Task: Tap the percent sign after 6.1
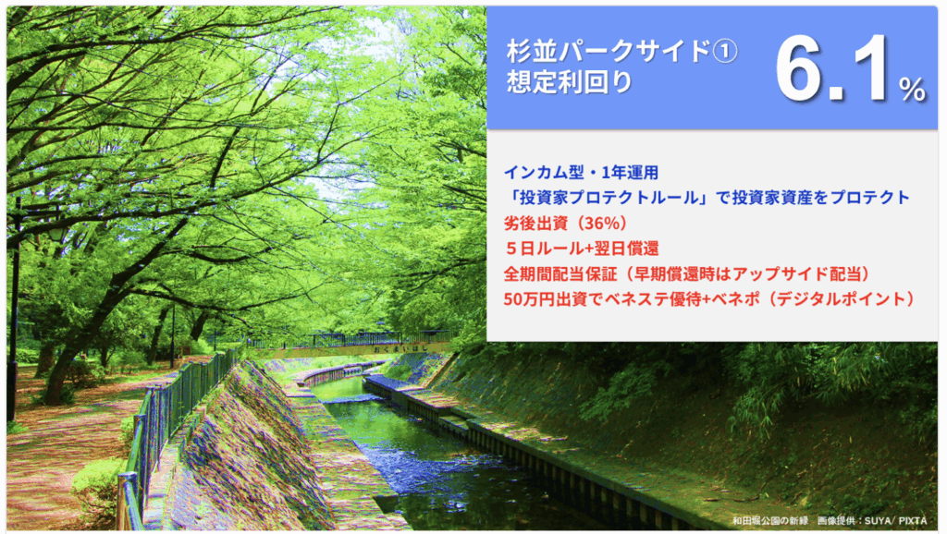click(912, 90)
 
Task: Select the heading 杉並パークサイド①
click(622, 51)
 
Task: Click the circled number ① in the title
click(725, 52)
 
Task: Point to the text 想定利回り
click(570, 82)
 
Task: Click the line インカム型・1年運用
click(581, 173)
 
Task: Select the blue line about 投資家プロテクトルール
click(707, 198)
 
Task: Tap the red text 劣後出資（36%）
click(566, 224)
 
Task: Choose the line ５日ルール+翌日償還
click(582, 248)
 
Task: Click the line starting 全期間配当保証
click(687, 274)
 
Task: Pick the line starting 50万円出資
click(710, 298)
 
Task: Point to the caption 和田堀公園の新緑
click(770, 521)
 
